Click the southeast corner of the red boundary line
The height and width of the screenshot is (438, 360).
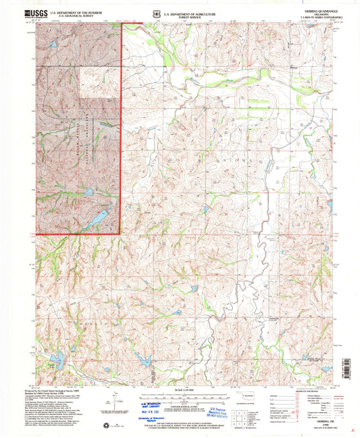coord(121,234)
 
